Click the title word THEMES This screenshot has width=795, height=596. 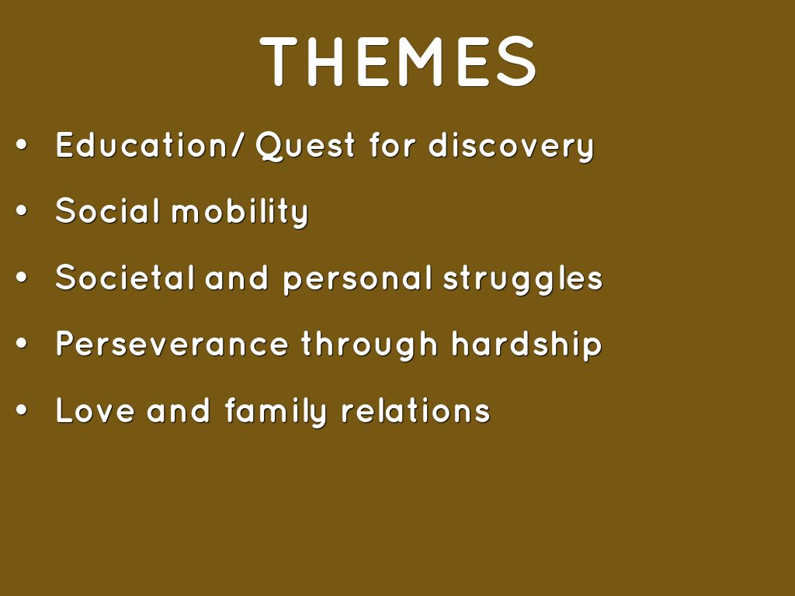[x=398, y=61]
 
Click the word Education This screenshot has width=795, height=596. [x=141, y=145]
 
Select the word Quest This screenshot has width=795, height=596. [x=305, y=147]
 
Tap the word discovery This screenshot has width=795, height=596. [x=511, y=147]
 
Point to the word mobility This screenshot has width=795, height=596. [x=240, y=213]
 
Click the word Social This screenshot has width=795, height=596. [x=107, y=211]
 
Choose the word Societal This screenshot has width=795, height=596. [x=125, y=277]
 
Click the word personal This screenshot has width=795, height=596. [x=357, y=279]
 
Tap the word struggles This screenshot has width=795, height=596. [x=522, y=279]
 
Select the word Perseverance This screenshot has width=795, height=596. [x=172, y=344]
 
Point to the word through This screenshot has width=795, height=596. [x=369, y=345]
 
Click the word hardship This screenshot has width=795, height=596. [x=527, y=345]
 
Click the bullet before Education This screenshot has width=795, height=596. [x=21, y=145]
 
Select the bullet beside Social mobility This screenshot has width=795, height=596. [x=21, y=211]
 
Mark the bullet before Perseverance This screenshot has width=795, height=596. [x=21, y=344]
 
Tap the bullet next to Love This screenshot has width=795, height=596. [x=21, y=410]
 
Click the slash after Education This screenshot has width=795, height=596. [x=236, y=145]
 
